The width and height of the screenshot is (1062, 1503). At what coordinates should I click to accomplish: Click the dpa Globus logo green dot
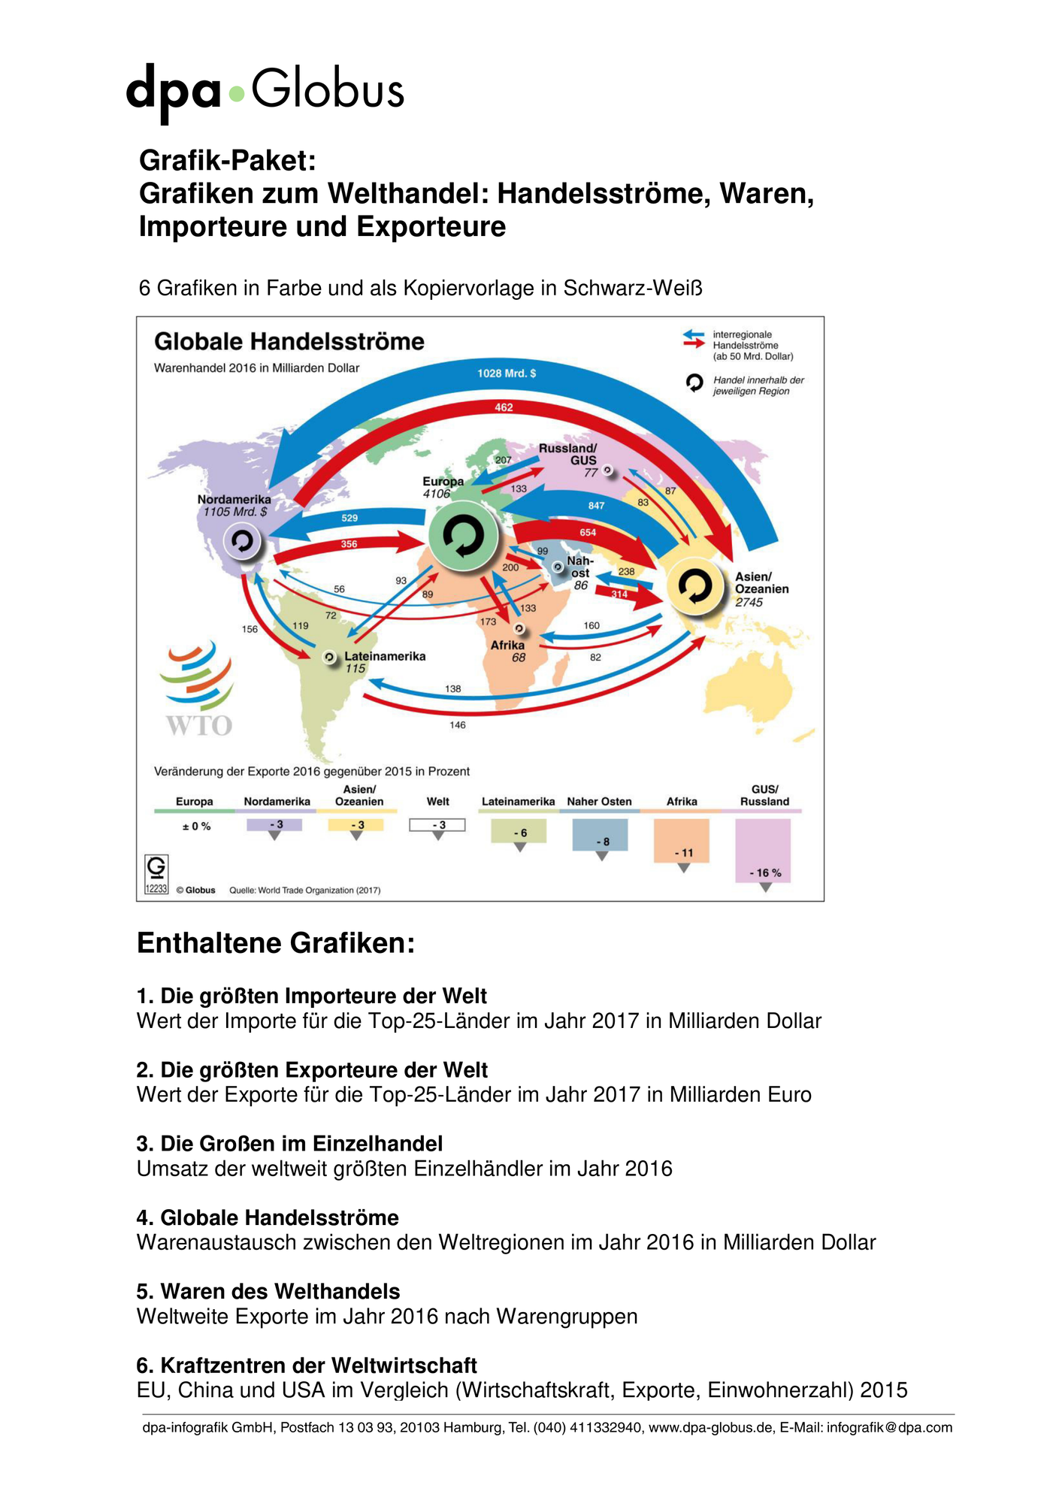click(x=237, y=94)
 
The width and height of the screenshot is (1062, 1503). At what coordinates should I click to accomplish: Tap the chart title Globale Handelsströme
click(x=289, y=342)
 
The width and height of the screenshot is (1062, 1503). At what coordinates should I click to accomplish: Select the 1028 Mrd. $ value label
click(x=507, y=373)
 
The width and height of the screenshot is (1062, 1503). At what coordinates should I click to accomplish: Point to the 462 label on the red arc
click(x=504, y=407)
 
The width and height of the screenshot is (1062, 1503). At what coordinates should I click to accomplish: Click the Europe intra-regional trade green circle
click(x=464, y=536)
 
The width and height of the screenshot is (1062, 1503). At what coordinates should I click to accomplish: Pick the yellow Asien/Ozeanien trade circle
click(x=696, y=587)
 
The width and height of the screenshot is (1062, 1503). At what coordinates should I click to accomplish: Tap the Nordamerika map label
click(x=234, y=499)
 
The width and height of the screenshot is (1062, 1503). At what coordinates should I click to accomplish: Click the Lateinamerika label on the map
click(x=385, y=656)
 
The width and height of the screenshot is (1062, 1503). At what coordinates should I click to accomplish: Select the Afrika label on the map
click(x=507, y=645)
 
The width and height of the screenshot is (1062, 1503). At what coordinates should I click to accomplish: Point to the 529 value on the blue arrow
click(x=349, y=518)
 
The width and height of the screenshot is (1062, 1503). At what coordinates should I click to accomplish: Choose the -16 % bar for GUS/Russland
click(x=763, y=851)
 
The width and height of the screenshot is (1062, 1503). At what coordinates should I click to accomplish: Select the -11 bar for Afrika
click(x=682, y=841)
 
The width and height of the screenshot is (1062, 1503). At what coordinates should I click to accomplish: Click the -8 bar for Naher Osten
click(x=600, y=835)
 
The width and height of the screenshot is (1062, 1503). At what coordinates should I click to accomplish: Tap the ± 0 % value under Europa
click(x=197, y=827)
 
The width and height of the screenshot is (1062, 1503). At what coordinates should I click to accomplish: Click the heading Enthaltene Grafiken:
click(x=276, y=943)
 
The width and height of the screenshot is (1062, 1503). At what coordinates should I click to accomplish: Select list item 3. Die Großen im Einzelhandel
click(x=289, y=1144)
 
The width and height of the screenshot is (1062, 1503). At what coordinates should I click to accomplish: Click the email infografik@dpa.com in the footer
click(x=890, y=1428)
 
